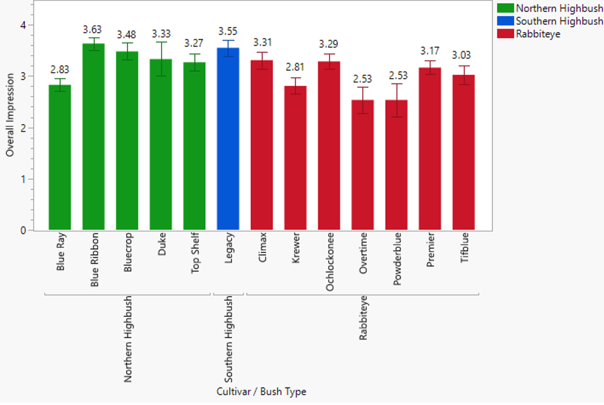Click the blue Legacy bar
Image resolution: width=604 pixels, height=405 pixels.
click(228, 140)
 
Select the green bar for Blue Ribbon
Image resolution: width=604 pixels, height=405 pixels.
click(94, 137)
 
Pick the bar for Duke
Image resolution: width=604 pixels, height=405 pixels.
click(161, 145)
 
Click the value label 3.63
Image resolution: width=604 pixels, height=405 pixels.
click(92, 29)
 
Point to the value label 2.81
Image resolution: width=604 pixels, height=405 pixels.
click(295, 67)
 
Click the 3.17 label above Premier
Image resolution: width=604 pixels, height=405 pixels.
click(429, 51)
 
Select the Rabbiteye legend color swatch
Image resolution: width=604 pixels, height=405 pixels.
click(505, 34)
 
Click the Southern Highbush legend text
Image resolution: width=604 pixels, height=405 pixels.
click(559, 21)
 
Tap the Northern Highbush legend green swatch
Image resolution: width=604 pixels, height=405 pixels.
click(505, 8)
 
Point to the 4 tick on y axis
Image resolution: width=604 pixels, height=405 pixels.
click(23, 25)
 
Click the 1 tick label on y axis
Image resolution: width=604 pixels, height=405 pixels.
click(23, 179)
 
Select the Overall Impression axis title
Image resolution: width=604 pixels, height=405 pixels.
click(10, 115)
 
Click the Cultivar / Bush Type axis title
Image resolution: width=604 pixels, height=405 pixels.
click(261, 392)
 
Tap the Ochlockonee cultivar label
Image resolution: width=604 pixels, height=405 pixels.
click(330, 262)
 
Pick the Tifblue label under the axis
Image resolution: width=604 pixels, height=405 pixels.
click(464, 248)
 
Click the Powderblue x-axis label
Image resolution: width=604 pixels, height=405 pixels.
click(397, 259)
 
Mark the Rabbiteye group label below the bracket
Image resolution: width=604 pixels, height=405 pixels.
click(363, 318)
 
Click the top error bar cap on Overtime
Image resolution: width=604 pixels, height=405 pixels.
click(363, 87)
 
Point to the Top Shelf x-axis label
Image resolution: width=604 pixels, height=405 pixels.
click(195, 253)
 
